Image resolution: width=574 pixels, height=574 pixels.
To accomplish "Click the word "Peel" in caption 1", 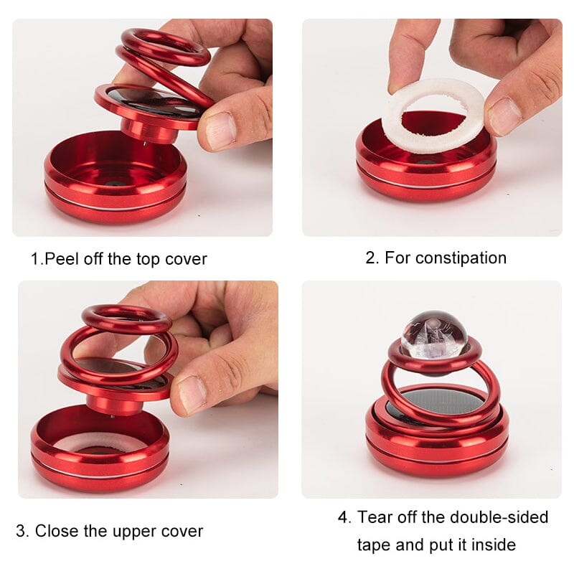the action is (x=62, y=259).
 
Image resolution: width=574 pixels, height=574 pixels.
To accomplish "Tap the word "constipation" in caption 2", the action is (x=461, y=258).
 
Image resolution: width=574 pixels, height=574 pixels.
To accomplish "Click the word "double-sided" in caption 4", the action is (x=499, y=517).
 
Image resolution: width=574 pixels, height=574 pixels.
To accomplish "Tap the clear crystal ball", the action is (x=434, y=334).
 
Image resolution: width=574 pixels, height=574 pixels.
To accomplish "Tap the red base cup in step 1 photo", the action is (x=116, y=177).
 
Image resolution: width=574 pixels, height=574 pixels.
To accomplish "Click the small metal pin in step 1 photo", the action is (x=146, y=144).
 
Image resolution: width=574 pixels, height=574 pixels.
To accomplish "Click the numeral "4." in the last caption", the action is (x=344, y=517).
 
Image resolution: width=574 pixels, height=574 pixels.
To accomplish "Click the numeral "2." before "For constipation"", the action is (x=372, y=258).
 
